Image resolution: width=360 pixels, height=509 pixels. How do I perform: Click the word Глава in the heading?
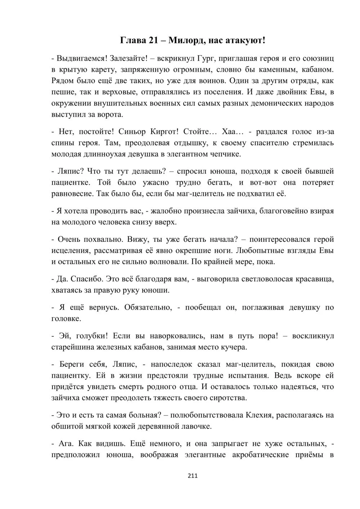coord(132,40)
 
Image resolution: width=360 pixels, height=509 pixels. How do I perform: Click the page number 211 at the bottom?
coord(193,476)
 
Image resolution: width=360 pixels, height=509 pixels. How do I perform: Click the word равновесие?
coord(72,194)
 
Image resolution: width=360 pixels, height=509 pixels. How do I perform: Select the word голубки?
coord(90,336)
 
